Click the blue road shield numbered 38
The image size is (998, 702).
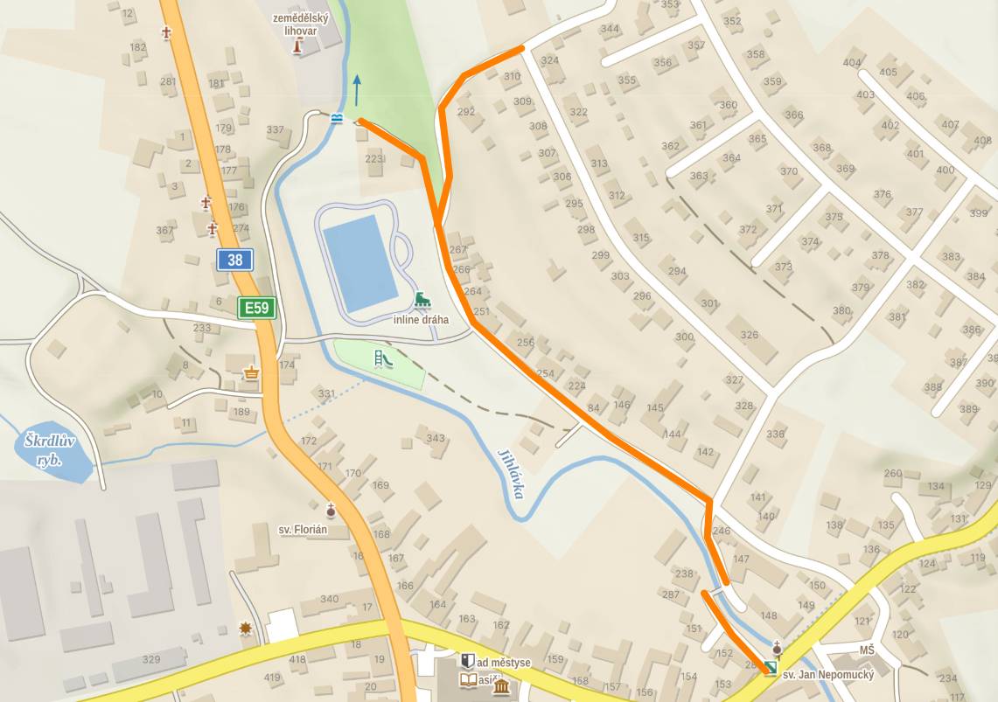click(235, 259)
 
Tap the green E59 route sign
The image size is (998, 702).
click(257, 308)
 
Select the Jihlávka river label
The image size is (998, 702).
click(510, 473)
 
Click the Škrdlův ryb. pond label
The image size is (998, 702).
click(51, 450)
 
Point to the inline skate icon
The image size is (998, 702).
click(422, 301)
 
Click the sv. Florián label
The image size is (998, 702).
click(303, 529)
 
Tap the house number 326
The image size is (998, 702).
click(749, 335)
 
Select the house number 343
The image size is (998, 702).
click(436, 438)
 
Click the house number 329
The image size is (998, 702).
click(151, 658)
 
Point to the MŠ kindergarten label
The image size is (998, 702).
click(866, 650)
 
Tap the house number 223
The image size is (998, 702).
click(374, 158)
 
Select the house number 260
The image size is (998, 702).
click(892, 474)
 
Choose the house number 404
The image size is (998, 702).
click(851, 62)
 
